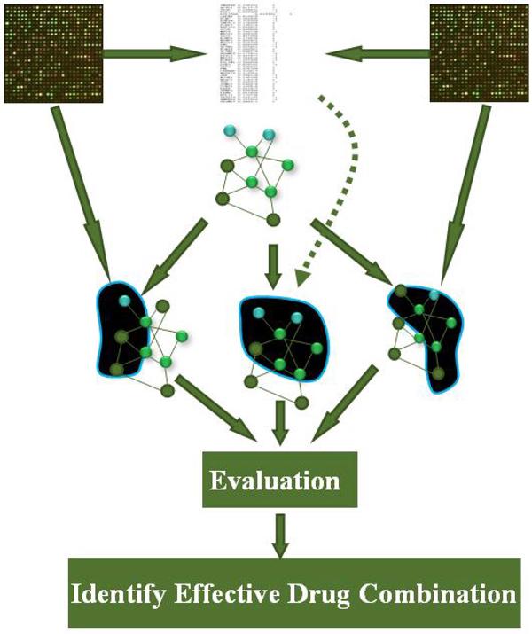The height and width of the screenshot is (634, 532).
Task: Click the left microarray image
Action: (55, 53)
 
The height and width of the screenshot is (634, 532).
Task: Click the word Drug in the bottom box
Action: (328, 591)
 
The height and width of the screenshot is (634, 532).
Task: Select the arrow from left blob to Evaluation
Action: (213, 408)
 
